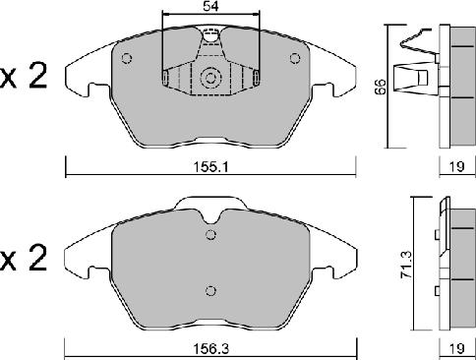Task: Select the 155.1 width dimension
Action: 211,167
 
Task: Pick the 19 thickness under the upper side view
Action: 455,167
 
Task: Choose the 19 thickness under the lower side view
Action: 455,347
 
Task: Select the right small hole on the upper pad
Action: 293,58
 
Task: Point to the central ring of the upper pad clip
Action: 210,80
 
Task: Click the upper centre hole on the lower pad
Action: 209,234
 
